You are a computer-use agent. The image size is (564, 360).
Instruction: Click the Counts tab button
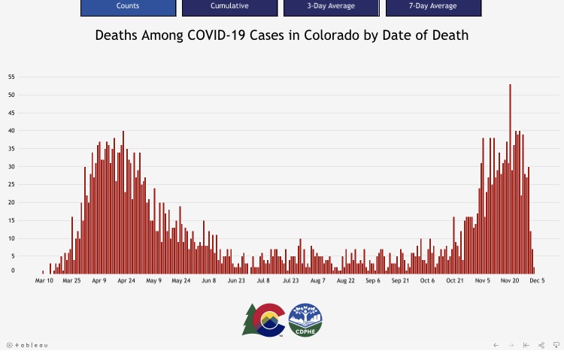click(x=127, y=7)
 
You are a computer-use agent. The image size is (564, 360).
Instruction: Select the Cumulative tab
click(x=229, y=7)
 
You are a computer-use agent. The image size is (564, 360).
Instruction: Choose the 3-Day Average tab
click(x=331, y=7)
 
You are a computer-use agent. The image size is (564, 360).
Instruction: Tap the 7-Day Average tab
click(x=433, y=7)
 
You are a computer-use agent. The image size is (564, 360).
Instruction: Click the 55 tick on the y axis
click(x=11, y=77)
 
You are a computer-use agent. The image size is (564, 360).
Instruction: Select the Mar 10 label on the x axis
click(x=44, y=280)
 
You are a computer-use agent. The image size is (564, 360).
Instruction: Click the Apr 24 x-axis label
click(x=126, y=280)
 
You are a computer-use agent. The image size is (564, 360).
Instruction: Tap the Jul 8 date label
click(x=263, y=280)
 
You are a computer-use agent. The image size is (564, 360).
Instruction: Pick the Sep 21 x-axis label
click(x=400, y=280)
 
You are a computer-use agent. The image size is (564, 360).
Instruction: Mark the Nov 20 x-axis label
click(x=510, y=280)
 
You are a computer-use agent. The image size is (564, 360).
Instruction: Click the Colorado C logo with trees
click(x=263, y=319)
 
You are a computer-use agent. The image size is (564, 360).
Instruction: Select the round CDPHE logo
click(x=305, y=319)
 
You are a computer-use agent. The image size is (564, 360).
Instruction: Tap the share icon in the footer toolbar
click(x=541, y=345)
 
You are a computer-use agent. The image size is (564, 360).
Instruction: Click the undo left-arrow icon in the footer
click(x=496, y=345)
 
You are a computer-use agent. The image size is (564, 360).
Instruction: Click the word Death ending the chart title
click(x=449, y=35)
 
